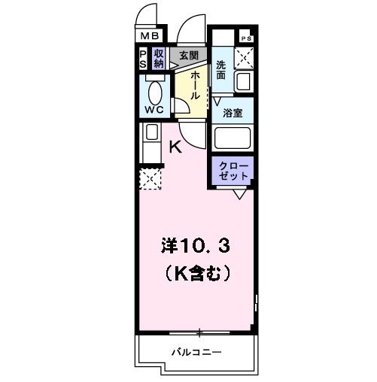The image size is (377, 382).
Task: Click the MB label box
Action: click(147, 35)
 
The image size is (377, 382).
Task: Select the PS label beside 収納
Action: click(143, 59)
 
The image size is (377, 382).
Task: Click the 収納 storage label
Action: click(159, 59)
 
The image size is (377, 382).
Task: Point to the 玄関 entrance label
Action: click(188, 56)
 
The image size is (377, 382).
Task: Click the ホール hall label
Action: click(195, 85)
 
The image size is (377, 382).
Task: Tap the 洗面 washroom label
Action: click(222, 69)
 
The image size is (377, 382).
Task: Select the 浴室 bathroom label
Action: click(232, 113)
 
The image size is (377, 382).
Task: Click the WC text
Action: click(154, 108)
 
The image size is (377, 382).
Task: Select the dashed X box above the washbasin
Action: click(245, 58)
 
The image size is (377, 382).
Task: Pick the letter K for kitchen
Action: click(175, 147)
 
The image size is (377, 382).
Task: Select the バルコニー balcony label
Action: click(194, 352)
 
